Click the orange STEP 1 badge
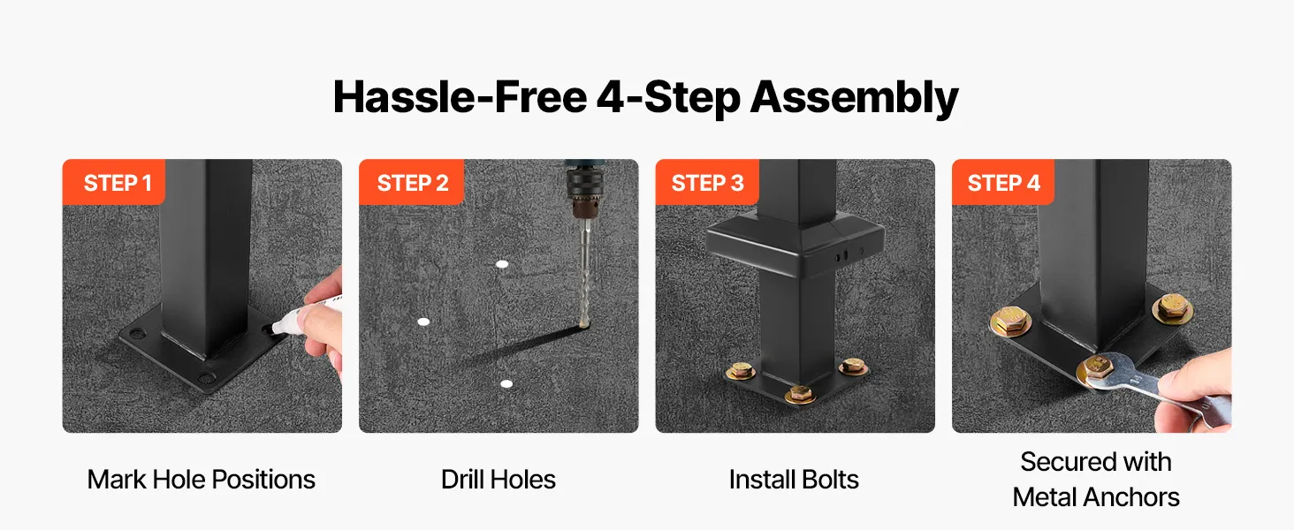114,182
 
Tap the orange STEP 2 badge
411,182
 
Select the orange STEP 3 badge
707,182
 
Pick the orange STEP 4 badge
1003,182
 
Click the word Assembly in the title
855,97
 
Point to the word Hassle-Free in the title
460,97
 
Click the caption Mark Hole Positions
201,479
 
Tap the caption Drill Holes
498,479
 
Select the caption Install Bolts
794,479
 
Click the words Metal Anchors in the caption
1096,497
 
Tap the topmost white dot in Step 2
502,264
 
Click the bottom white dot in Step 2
506,384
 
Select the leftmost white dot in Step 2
423,322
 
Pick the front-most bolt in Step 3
800,394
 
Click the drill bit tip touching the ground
584,324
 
